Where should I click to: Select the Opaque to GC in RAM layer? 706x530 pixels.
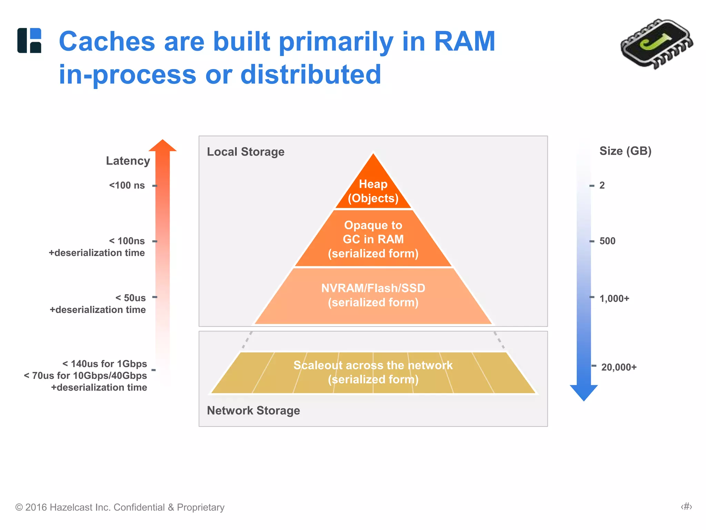click(373, 239)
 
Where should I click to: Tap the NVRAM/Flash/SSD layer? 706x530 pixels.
click(373, 295)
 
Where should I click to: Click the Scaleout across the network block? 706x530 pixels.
click(373, 372)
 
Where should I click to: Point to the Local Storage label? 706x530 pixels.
click(245, 152)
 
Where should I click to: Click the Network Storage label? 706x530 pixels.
click(253, 411)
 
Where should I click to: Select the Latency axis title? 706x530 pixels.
click(128, 161)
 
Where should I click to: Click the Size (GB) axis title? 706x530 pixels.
click(625, 151)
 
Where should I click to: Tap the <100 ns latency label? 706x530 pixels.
click(127, 185)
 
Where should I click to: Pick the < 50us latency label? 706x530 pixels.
click(131, 298)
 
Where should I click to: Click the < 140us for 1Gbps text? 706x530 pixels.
click(104, 364)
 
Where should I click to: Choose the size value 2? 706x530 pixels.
click(602, 185)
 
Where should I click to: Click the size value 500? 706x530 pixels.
click(607, 241)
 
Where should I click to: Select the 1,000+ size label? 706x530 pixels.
click(614, 298)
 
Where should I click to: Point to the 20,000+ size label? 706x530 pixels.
click(619, 367)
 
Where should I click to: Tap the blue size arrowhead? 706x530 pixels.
click(584, 392)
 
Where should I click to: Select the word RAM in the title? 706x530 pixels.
click(464, 41)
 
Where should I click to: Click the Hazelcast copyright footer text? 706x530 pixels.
click(120, 507)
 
